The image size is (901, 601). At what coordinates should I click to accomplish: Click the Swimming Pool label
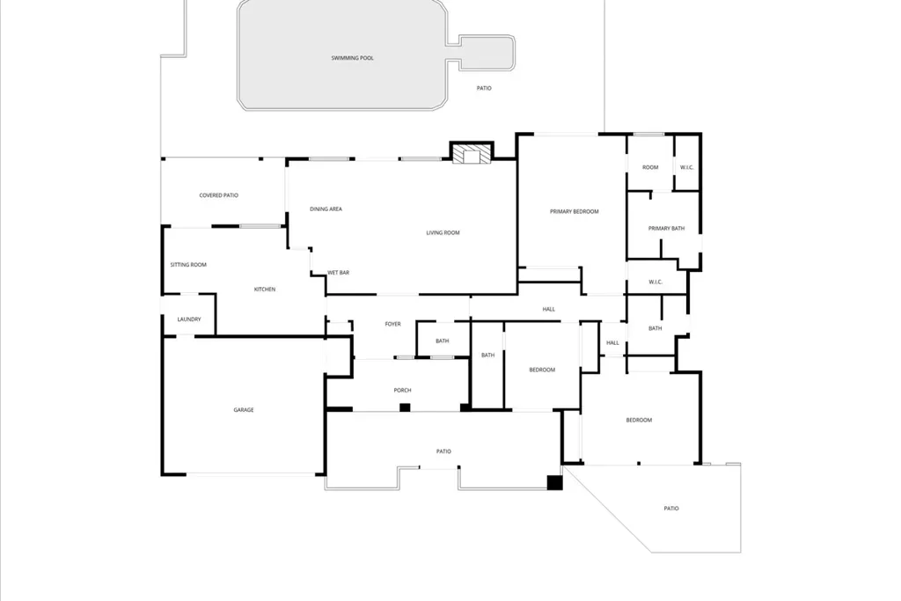click(x=352, y=58)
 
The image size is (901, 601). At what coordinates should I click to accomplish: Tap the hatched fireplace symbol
click(x=472, y=154)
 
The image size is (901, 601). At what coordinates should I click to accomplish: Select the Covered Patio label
click(x=218, y=195)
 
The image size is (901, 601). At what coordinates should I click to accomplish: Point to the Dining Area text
click(x=326, y=209)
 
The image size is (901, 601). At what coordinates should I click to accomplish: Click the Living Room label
click(x=443, y=232)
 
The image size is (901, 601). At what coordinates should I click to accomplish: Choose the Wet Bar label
click(x=338, y=273)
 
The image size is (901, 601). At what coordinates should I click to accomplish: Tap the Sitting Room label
click(x=188, y=265)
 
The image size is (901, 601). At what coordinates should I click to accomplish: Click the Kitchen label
click(x=264, y=290)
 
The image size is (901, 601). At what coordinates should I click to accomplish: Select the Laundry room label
click(x=189, y=319)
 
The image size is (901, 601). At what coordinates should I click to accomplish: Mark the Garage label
click(x=244, y=410)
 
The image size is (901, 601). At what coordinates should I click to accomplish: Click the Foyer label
click(x=392, y=324)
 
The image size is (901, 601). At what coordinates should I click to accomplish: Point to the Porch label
click(x=402, y=390)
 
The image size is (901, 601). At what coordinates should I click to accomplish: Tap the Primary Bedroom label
click(x=574, y=211)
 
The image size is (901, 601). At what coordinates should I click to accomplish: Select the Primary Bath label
click(x=666, y=228)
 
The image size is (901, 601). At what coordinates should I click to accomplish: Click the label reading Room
click(x=650, y=167)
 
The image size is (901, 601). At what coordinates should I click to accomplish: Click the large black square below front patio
click(x=554, y=482)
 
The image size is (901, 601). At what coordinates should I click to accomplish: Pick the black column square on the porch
click(x=405, y=408)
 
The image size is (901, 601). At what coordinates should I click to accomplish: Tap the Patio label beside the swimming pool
click(x=484, y=89)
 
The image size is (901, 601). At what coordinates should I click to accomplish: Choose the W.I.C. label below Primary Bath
click(x=655, y=282)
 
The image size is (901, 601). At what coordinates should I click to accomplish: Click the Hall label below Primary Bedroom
click(x=549, y=309)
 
